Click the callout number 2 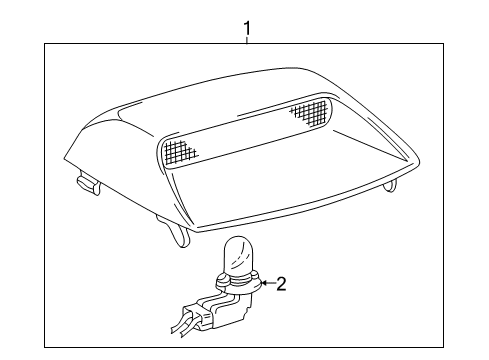coord(281,284)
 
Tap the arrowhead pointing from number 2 coord(262,284)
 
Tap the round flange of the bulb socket coord(241,287)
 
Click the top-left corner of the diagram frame coord(45,43)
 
